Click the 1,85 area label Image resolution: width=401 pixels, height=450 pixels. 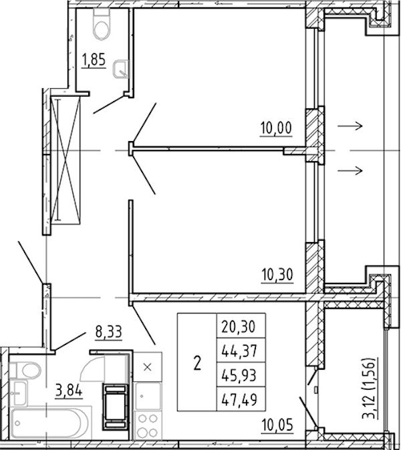coord(94,60)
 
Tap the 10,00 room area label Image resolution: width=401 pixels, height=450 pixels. coord(276,128)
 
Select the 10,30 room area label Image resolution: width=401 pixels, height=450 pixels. coord(277,274)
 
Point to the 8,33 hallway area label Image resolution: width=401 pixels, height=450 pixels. coord(109,332)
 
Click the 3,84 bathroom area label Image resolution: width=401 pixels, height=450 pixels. coord(69,390)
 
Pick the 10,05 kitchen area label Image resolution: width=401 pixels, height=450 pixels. coord(277,425)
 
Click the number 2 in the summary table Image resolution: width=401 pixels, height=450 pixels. coord(197,363)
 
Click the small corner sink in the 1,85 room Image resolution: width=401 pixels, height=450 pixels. coord(121,69)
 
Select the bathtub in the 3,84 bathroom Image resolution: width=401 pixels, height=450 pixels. coord(50,423)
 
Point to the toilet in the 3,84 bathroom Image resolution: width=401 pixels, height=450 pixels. coord(25,370)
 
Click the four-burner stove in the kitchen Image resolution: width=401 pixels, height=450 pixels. coord(148,425)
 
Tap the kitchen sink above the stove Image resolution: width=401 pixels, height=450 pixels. coord(148,396)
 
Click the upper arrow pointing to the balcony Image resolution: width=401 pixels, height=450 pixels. coord(350,126)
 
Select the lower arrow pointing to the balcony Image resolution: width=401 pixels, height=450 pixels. coord(350,171)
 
